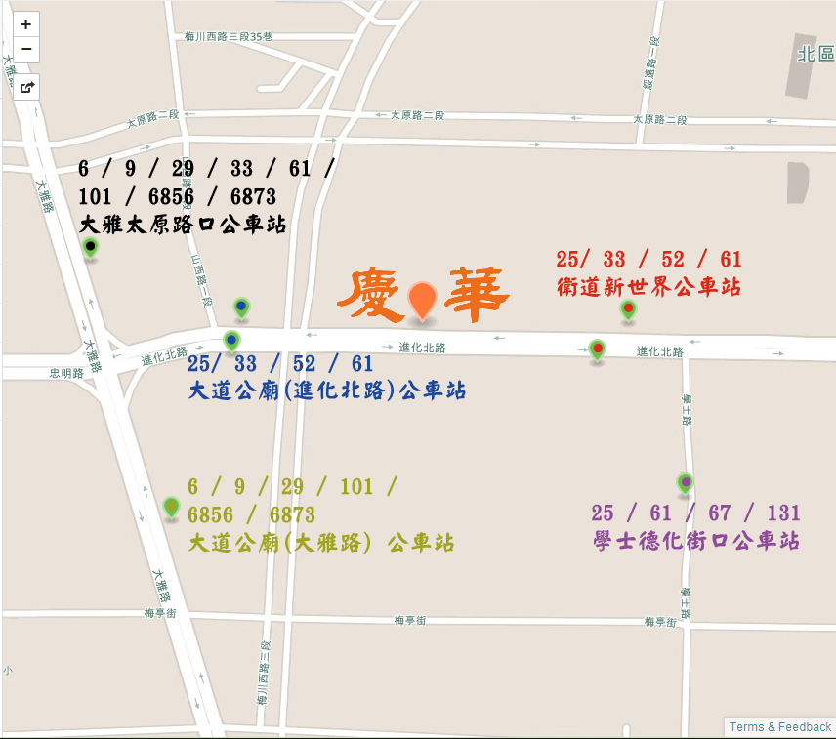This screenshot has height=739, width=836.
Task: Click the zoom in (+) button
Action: (x=25, y=24)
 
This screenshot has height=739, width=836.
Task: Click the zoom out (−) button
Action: (x=25, y=49)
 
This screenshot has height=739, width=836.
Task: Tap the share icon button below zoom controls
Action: (x=26, y=87)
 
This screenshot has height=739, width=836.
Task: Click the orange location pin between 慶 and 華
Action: (x=422, y=301)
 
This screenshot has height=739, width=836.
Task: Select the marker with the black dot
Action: (x=91, y=248)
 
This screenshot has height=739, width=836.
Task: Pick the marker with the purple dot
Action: (x=685, y=482)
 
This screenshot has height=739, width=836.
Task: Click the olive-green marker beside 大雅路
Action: (x=172, y=507)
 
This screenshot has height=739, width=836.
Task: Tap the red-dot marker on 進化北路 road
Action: (x=597, y=349)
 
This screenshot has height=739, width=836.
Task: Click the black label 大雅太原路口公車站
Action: (x=183, y=225)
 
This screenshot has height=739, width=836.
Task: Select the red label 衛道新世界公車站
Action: (x=648, y=287)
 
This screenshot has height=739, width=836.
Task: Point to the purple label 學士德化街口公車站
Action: (x=696, y=540)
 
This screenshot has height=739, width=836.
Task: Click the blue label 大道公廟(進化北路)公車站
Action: (x=327, y=390)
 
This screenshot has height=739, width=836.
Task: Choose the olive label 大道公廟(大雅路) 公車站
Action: (x=320, y=543)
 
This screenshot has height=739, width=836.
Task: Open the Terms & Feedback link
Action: (x=779, y=727)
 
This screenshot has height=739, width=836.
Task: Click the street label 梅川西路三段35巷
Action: (x=229, y=37)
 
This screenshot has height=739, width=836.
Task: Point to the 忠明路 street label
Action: (x=67, y=373)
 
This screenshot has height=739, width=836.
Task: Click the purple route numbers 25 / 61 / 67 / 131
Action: (x=695, y=513)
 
